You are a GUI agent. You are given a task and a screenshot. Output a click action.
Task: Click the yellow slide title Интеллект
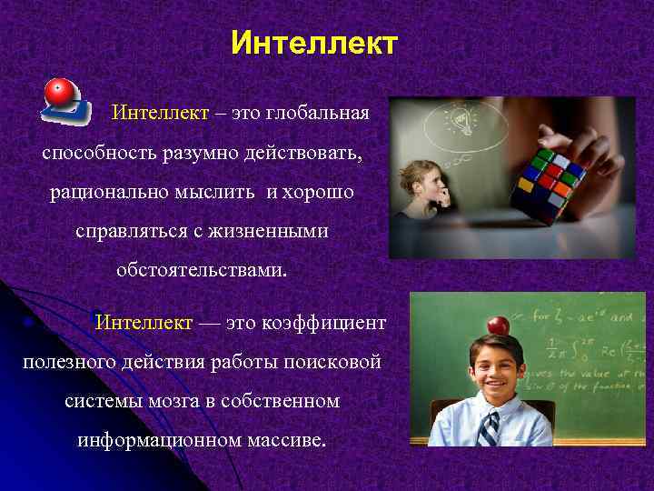pos(313,43)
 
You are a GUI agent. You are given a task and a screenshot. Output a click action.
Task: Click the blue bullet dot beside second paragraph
pos(30,323)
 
